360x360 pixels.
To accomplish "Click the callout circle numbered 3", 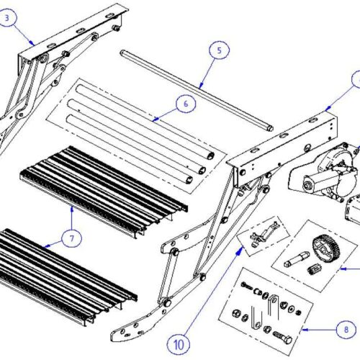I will [9, 19].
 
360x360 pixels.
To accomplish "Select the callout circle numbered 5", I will [219, 51].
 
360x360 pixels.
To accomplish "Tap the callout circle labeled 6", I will [185, 104].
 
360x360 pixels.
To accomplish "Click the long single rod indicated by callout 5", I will [194, 90].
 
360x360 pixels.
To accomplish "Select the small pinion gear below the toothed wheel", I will [313, 269].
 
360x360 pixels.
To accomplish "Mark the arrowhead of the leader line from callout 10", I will [240, 246].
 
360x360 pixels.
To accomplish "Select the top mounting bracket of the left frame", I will [72, 29].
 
